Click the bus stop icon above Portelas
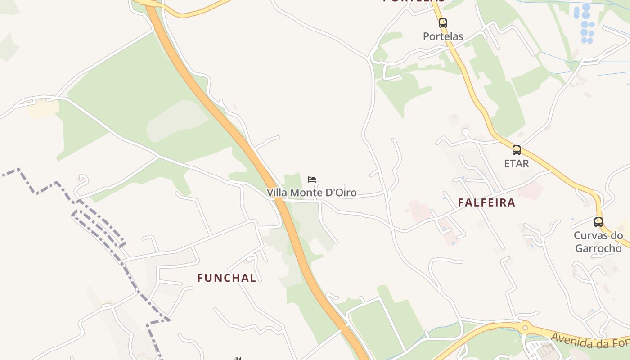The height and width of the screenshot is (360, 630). [443, 23]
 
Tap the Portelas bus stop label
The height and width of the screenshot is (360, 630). [443, 36]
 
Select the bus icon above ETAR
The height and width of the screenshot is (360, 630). [517, 150]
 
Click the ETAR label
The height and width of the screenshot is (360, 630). [517, 164]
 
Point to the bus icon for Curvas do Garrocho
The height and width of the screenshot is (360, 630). [598, 222]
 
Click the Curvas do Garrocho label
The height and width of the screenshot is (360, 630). [598, 242]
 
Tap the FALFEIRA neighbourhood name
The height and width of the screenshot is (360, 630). [486, 202]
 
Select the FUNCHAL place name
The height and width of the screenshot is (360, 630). [227, 278]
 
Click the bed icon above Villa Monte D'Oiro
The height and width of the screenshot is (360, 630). [312, 180]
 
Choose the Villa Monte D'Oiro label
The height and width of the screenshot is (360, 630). [311, 193]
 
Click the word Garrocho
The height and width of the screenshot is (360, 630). [598, 248]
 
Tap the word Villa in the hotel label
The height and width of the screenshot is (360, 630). [277, 193]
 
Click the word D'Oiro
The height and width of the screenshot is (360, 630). [341, 193]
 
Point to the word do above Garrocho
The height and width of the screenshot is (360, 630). [617, 235]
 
